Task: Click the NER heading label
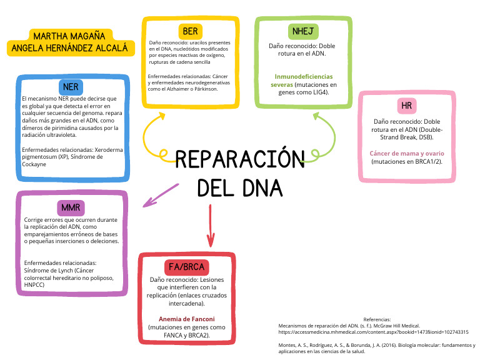coord(71,86)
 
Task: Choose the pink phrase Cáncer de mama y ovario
coord(407,153)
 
